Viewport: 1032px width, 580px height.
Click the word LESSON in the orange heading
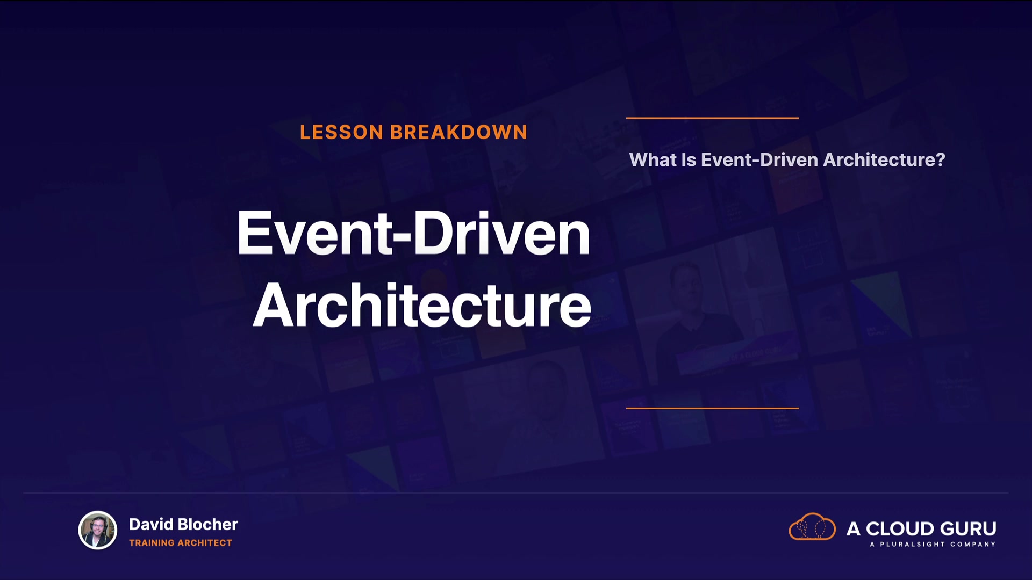pyautogui.click(x=341, y=132)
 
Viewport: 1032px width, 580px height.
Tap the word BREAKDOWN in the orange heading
pyautogui.click(x=458, y=132)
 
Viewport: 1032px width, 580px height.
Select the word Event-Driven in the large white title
pyautogui.click(x=413, y=233)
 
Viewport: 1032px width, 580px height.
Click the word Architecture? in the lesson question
pyautogui.click(x=884, y=160)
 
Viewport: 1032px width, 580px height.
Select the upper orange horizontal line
pyautogui.click(x=712, y=118)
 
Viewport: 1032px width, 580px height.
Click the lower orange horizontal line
pyautogui.click(x=712, y=408)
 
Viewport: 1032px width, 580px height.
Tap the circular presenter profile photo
pyautogui.click(x=97, y=530)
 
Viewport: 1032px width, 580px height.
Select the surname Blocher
pyautogui.click(x=207, y=524)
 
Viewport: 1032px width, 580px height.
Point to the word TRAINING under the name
pyautogui.click(x=152, y=543)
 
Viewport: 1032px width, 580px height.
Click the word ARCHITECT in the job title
pyautogui.click(x=205, y=543)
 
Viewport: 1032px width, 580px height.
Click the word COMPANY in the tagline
pyautogui.click(x=973, y=545)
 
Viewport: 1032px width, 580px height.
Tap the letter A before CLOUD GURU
pyautogui.click(x=854, y=529)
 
